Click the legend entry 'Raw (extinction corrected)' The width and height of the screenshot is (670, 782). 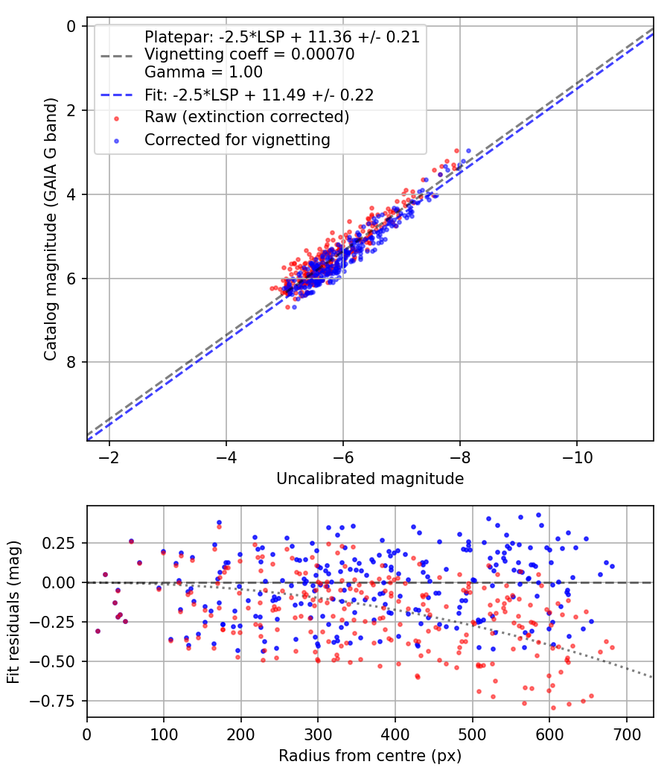pos(246,117)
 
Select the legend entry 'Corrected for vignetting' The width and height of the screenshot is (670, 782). pos(237,139)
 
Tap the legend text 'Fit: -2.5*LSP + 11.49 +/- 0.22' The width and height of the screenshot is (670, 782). pos(259,95)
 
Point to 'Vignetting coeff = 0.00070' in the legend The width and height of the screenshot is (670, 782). pos(249,54)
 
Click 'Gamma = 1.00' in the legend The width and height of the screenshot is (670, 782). pos(203,73)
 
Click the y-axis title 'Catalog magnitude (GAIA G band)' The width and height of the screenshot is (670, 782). pos(50,234)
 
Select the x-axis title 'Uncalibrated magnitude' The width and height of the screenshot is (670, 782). pos(370,479)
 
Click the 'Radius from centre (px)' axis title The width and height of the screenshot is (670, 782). pos(370,756)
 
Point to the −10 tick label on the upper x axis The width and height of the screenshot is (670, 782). pos(576,456)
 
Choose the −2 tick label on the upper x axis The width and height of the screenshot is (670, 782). pos(109,456)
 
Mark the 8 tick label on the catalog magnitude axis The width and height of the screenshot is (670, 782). pos(71,363)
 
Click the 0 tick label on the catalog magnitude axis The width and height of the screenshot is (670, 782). pos(71,27)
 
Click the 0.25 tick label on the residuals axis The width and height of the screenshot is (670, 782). pos(62,543)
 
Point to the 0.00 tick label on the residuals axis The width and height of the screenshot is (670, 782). pos(62,582)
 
